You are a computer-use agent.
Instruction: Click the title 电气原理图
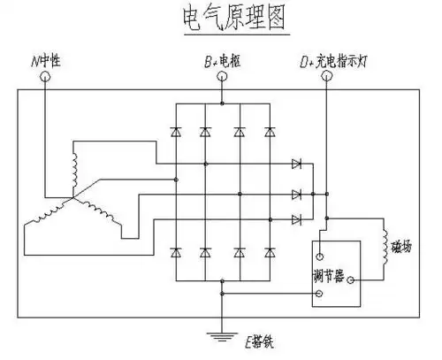[220, 19]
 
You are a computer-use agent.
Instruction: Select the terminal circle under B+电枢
[221, 77]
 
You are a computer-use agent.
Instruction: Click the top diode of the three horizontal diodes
[296, 165]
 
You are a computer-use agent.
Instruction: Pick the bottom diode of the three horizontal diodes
[296, 218]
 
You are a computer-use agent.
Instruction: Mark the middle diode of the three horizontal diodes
[296, 192]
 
